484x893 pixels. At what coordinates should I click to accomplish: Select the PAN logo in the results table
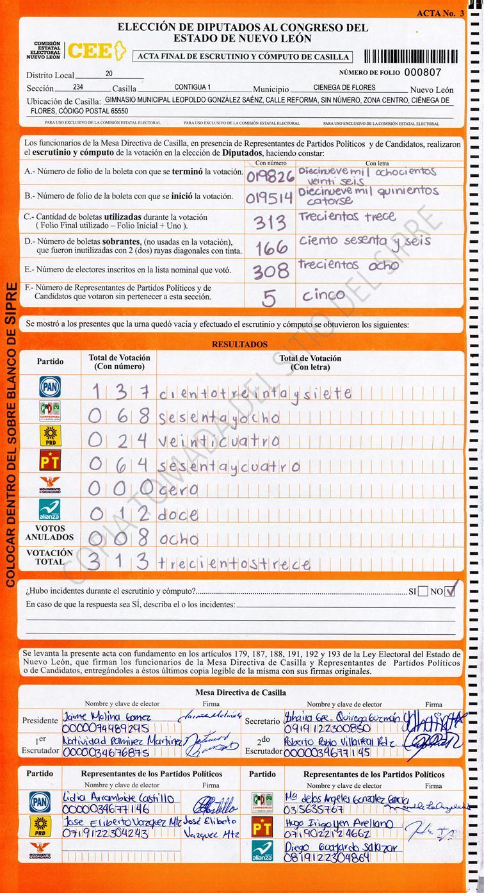coord(50,387)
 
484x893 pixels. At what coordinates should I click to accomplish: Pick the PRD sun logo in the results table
coord(50,436)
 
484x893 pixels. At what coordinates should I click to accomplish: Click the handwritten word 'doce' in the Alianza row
coord(179,514)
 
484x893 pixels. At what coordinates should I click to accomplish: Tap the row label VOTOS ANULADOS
coord(50,533)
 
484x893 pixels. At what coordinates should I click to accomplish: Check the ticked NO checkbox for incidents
coord(452,591)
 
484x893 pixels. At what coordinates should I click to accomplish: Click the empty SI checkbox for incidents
coord(423,591)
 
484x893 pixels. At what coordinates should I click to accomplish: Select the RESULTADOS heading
coord(239,345)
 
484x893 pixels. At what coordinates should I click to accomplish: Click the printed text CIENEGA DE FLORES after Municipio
coord(345,87)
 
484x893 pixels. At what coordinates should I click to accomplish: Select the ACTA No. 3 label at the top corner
coord(440,13)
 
